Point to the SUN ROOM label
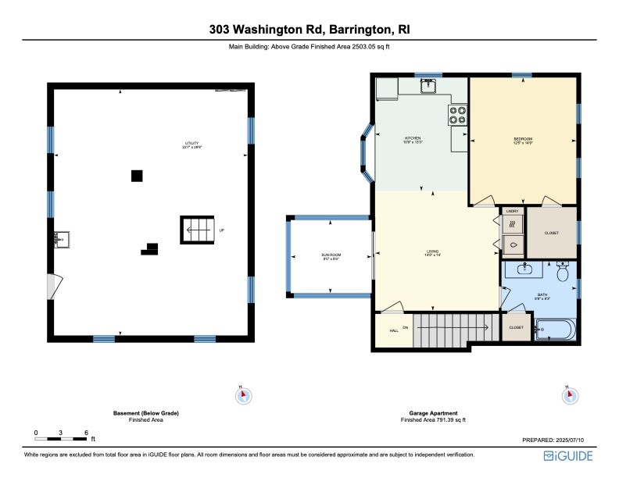click(x=331, y=255)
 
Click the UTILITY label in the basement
click(x=191, y=144)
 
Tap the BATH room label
click(x=542, y=295)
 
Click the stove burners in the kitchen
click(x=458, y=116)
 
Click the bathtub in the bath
click(x=556, y=330)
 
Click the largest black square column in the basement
click(x=137, y=176)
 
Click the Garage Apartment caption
click(x=433, y=413)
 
